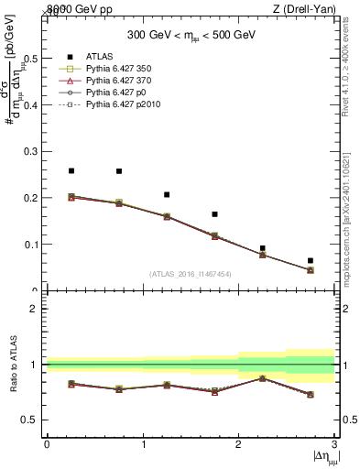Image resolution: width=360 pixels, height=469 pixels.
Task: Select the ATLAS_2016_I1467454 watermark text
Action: [191, 273]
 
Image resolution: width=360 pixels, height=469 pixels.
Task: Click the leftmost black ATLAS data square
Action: [71, 170]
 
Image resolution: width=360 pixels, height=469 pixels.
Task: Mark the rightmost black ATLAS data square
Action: [311, 261]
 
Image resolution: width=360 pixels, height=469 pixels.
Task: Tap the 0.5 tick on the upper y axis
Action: [31, 59]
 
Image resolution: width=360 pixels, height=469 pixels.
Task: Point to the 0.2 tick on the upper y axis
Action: [31, 198]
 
